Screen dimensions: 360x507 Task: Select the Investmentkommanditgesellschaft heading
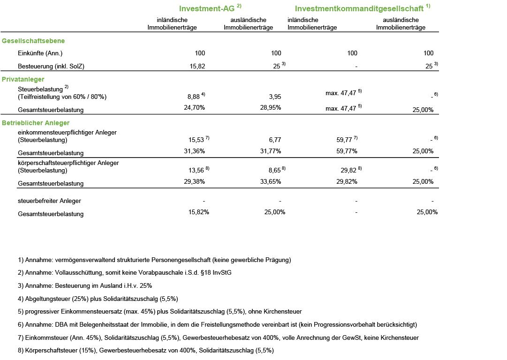click(x=359, y=8)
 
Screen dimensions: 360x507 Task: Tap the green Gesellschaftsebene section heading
click(x=33, y=41)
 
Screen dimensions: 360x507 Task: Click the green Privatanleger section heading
click(x=23, y=79)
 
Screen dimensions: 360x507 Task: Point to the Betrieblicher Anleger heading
click(x=36, y=123)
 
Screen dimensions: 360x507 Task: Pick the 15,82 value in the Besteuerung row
click(x=197, y=67)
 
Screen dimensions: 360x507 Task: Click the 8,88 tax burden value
click(x=194, y=97)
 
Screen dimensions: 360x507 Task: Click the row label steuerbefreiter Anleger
click(x=49, y=201)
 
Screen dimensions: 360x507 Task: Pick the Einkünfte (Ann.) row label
click(x=40, y=53)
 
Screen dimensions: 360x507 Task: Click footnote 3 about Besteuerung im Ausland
click(x=84, y=285)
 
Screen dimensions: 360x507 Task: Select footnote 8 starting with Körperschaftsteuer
click(x=145, y=350)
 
